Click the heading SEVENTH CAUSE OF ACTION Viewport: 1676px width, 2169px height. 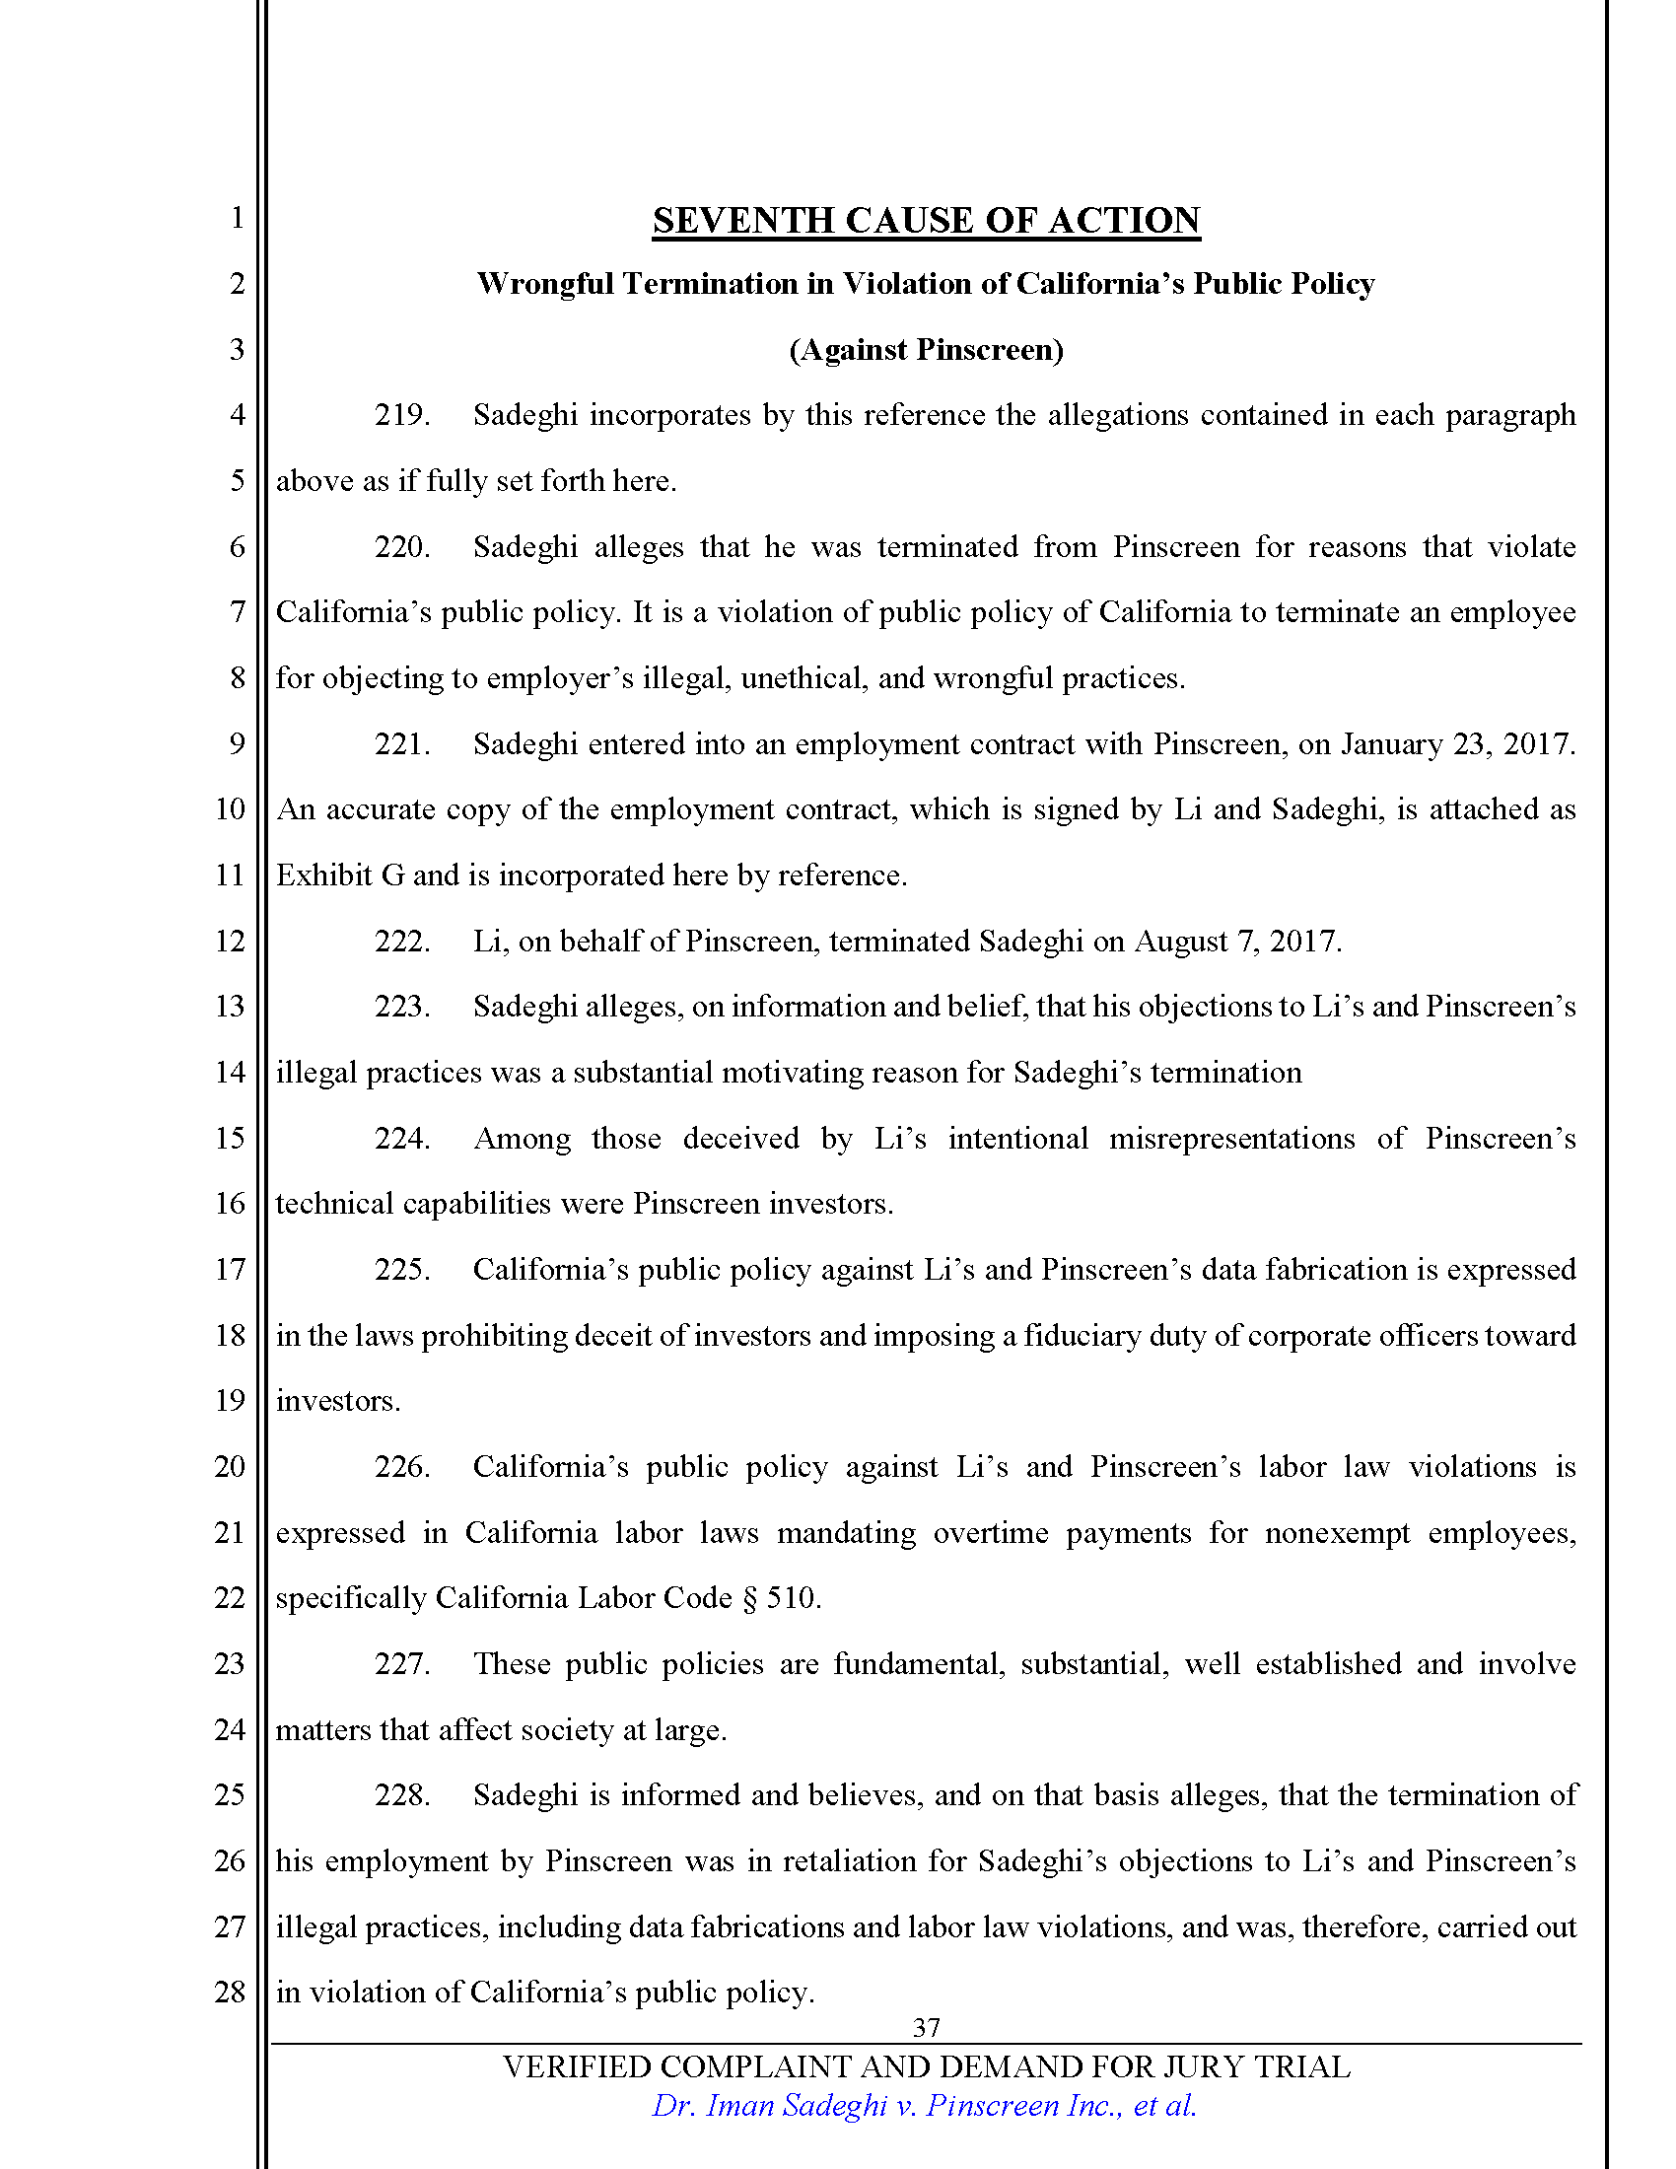[926, 221]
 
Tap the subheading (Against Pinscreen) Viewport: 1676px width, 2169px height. [926, 350]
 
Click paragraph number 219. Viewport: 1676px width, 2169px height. [401, 415]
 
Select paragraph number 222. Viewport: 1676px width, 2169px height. [401, 941]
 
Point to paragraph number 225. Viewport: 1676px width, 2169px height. [401, 1270]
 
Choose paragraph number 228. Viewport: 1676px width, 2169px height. [401, 1795]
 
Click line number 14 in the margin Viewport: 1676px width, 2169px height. [230, 1073]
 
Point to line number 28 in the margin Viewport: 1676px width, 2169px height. [230, 1993]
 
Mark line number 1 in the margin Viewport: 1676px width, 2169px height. [238, 218]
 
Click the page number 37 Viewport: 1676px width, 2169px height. [926, 2027]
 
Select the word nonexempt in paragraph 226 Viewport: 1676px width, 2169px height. [1337, 1533]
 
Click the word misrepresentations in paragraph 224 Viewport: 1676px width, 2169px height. [1231, 1138]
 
